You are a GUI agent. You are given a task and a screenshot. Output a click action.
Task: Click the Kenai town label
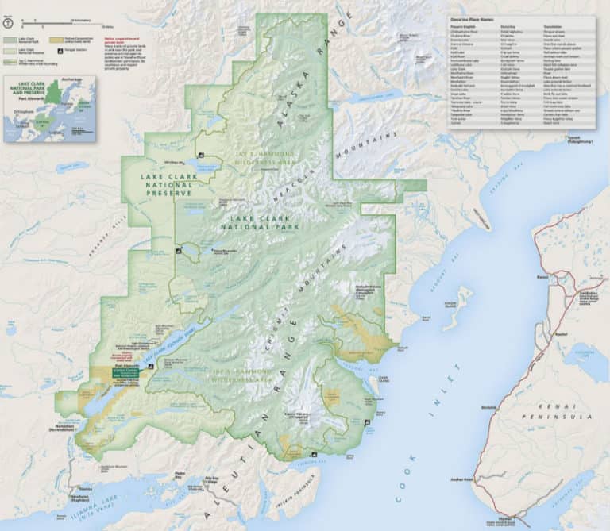click(542, 279)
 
